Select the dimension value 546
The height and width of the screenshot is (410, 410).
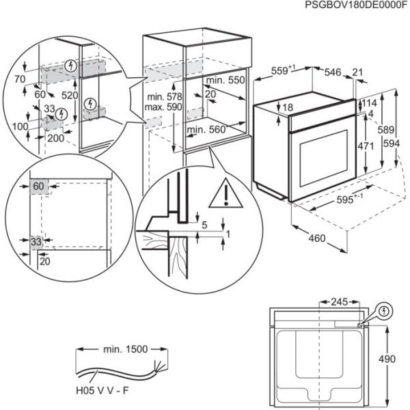[333, 70]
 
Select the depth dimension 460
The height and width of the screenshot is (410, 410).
[316, 239]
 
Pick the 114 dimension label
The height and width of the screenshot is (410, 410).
[369, 102]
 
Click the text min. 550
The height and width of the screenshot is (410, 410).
[226, 80]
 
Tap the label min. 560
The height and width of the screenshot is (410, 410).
[206, 129]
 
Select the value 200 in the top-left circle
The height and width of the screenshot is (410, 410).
[56, 138]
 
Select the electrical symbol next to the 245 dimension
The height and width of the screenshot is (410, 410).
[386, 311]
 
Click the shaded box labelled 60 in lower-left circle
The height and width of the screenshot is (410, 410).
[38, 186]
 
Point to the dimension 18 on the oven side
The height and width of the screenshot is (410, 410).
[287, 107]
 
